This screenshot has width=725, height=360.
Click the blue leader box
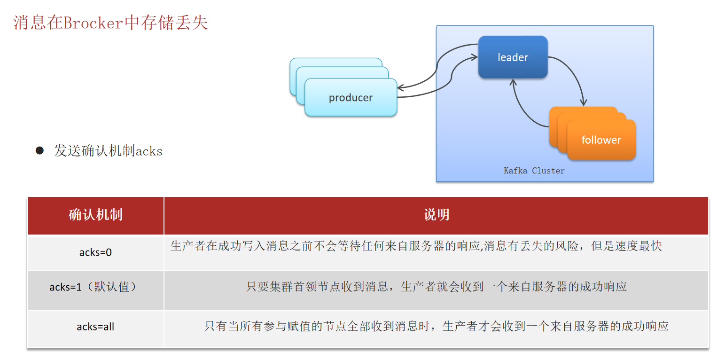point(513,57)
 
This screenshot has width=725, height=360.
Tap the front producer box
point(351,98)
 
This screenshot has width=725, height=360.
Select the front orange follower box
point(601,140)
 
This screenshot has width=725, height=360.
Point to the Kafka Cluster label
point(534,171)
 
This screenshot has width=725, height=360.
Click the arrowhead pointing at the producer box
point(400,88)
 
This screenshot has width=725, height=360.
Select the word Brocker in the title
point(93,23)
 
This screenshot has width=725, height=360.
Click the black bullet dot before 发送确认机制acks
point(39,150)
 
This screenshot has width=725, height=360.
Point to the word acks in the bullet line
point(149,151)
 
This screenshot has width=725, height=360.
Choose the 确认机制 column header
point(95,215)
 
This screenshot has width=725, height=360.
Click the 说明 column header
point(436,215)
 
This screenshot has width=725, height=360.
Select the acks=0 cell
point(95,252)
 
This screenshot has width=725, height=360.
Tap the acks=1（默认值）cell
point(95,287)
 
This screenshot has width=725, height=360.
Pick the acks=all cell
point(95,327)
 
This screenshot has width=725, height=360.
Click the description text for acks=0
point(416,246)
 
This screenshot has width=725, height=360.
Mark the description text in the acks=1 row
point(436,287)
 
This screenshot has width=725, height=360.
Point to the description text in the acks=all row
point(436,326)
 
